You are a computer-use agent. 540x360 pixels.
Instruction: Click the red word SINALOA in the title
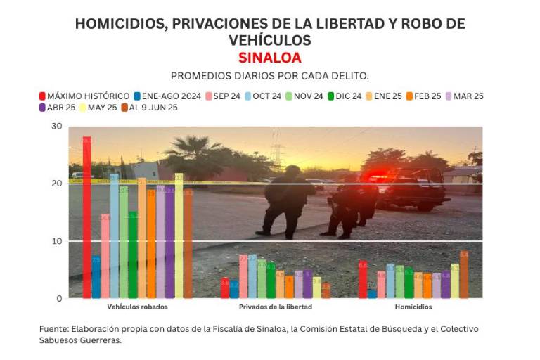pos(269,57)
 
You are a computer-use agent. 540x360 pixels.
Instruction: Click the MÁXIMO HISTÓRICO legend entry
pos(84,96)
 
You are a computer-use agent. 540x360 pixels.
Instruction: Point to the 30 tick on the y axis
pos(56,127)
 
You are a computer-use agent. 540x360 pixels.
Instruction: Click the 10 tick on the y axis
pos(56,241)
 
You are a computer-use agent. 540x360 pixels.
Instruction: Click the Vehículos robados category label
pos(137,307)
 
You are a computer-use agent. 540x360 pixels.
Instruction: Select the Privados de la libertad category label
pos(275,307)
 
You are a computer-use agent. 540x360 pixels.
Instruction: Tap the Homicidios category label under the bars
pos(413,307)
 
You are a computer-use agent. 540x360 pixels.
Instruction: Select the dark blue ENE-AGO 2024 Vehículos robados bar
pos(96,277)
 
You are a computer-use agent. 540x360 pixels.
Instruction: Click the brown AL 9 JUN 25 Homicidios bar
pos(463,275)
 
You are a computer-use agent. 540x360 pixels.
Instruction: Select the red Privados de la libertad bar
pos(225,288)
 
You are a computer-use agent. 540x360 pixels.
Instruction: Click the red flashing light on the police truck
pos(380,176)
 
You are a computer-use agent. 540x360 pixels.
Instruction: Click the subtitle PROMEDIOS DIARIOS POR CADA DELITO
pos(270,75)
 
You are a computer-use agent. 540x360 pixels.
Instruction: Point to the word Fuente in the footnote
pos(53,329)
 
